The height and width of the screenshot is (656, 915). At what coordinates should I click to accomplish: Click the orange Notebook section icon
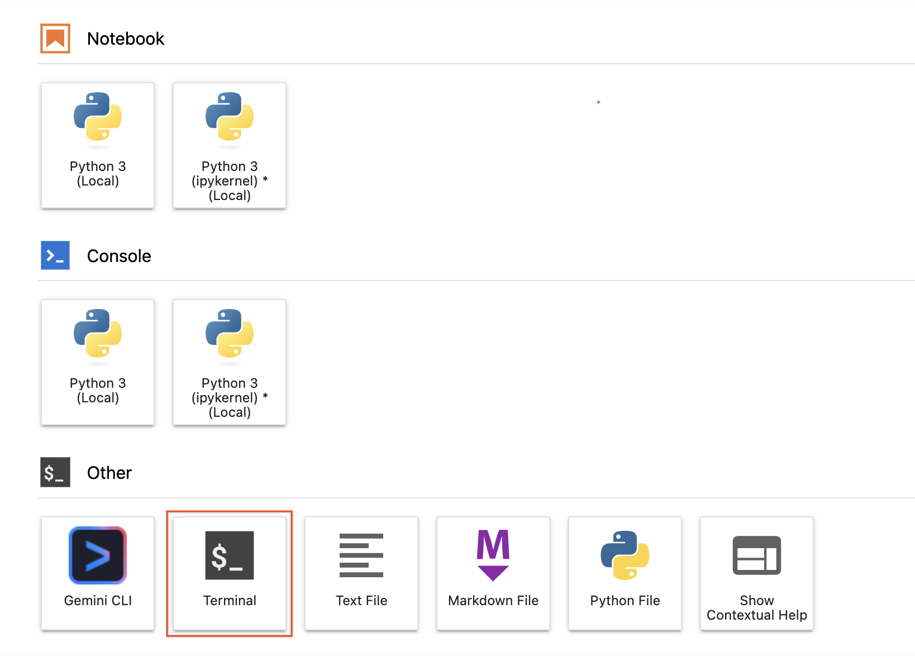coord(55,39)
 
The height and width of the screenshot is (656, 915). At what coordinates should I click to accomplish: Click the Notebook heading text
coord(125,39)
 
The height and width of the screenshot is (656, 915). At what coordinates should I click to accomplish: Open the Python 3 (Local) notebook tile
coord(98,145)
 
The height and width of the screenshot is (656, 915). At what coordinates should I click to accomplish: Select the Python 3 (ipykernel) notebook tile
coord(230,145)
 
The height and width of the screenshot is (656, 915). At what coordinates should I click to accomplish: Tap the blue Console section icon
coord(55,255)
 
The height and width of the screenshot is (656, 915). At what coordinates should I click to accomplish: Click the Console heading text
coord(119,256)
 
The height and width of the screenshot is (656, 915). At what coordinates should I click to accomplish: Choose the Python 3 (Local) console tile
coord(98,363)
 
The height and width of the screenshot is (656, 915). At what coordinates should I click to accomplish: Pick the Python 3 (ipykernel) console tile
coord(230,363)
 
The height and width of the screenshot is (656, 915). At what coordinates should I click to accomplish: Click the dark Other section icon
coord(55,472)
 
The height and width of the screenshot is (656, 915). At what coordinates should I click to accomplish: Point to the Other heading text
coord(109,473)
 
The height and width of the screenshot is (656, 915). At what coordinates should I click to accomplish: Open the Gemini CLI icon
coord(98,555)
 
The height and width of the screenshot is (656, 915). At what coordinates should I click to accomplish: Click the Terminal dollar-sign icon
coord(230,555)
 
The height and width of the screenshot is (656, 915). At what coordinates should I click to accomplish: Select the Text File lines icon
coord(361,555)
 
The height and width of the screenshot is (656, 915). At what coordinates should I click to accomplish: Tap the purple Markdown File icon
coord(493,555)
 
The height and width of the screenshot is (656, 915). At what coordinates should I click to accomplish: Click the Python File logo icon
coord(625,555)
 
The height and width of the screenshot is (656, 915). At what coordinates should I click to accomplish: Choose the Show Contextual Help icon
coord(757,555)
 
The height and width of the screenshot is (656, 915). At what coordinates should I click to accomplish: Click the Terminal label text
coord(230,601)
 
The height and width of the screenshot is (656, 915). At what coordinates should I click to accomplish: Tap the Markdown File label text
coord(493,601)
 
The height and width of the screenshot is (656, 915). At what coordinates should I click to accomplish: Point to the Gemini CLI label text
coord(98,601)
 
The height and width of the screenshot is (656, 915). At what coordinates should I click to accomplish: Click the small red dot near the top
coord(598,102)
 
